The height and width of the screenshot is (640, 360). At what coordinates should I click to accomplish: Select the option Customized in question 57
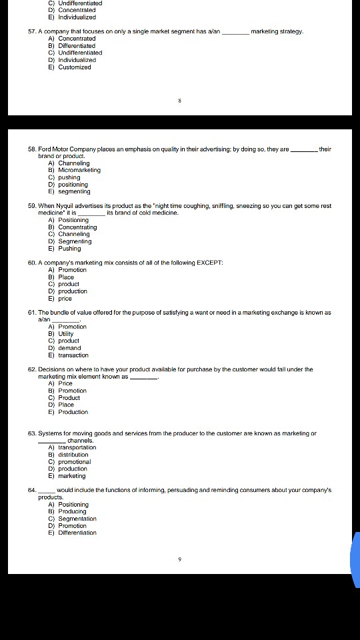[x=74, y=67]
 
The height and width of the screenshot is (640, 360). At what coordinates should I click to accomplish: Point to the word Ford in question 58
[x=45, y=149]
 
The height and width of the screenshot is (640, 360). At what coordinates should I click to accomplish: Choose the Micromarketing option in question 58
[x=79, y=170]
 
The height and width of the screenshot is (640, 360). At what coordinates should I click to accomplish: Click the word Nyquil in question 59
[x=73, y=206]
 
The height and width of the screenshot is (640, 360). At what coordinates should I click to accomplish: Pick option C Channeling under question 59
[x=73, y=234]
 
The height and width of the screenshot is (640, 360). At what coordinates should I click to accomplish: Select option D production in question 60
[x=72, y=291]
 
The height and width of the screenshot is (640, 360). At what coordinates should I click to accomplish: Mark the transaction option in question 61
[x=73, y=355]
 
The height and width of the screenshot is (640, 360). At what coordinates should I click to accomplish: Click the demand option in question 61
[x=69, y=348]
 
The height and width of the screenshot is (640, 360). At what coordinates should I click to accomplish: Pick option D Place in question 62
[x=66, y=405]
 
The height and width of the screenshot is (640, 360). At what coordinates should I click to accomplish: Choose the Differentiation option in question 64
[x=77, y=533]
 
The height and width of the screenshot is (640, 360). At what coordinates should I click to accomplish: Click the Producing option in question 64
[x=72, y=511]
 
